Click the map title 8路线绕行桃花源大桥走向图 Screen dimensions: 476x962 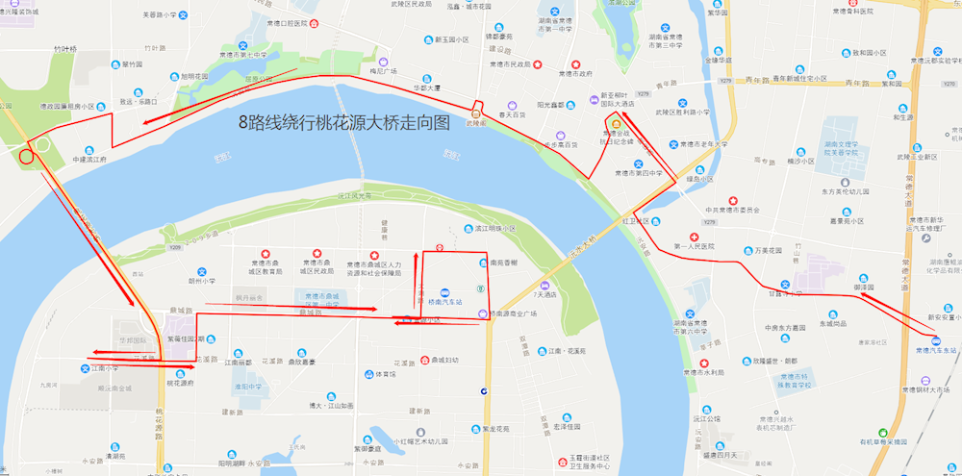(345, 123)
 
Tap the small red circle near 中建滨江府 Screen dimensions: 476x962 (26, 155)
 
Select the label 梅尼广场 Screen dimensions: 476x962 (384, 71)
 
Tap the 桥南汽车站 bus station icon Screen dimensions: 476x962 (444, 292)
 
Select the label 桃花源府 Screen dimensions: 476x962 (180, 383)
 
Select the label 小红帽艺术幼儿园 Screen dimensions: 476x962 (419, 441)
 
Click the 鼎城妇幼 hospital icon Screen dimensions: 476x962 (424, 361)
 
